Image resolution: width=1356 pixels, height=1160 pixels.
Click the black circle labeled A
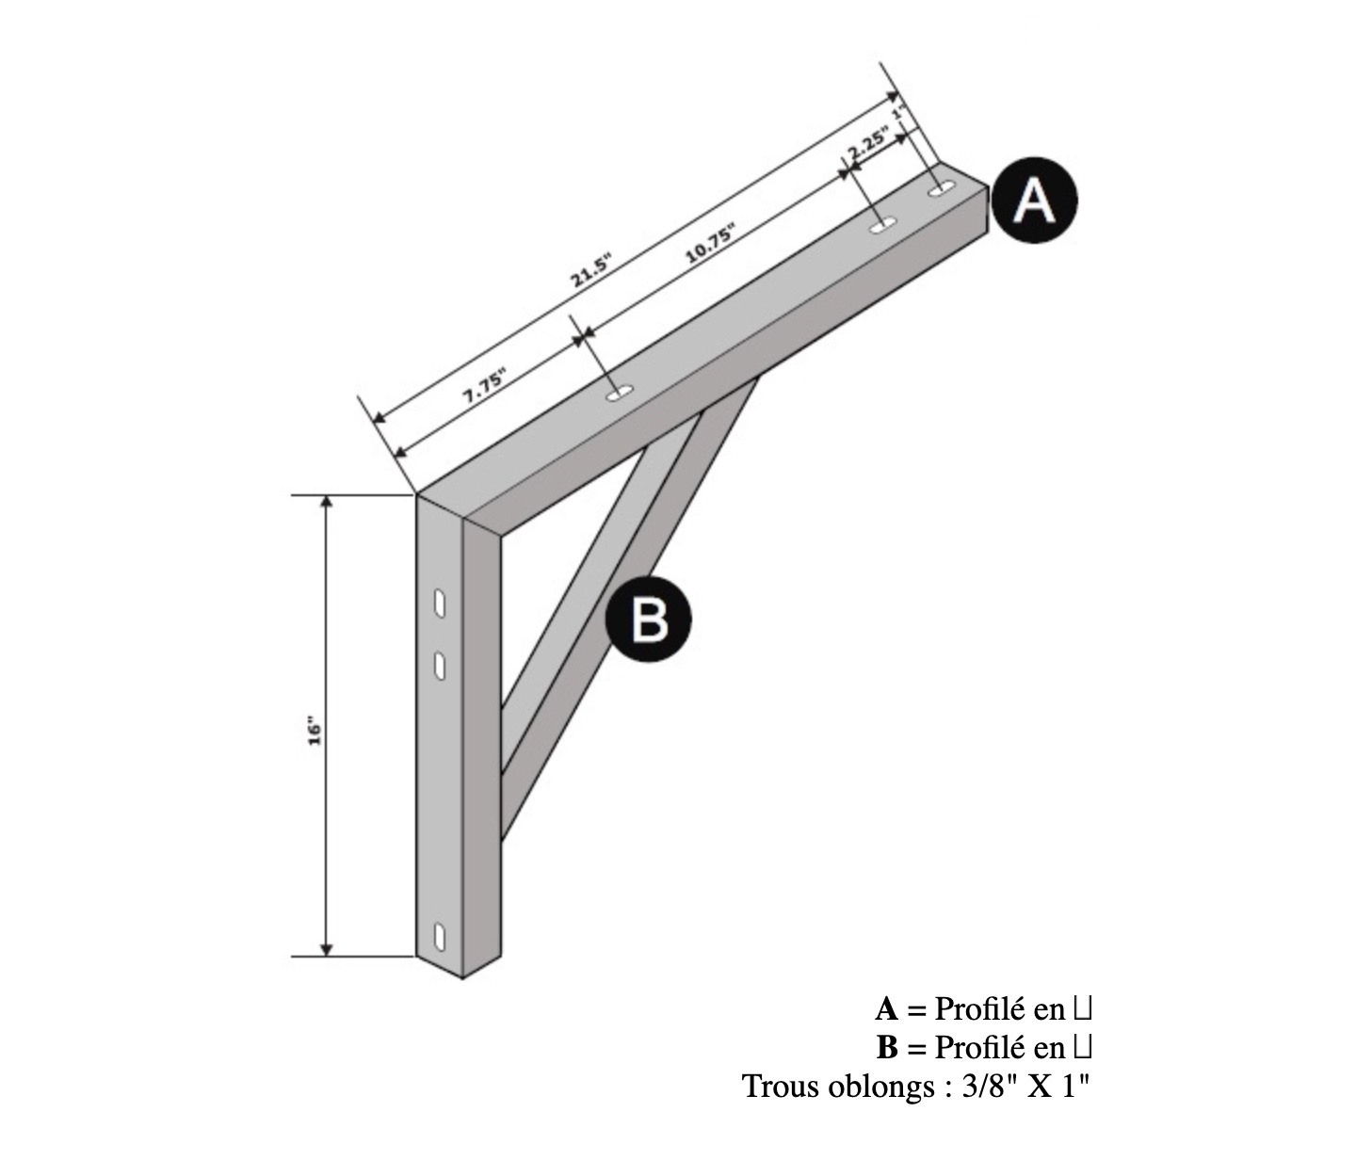(x=1035, y=201)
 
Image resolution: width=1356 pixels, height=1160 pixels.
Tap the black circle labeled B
(x=648, y=619)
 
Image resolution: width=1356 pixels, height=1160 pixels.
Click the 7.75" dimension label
(x=486, y=387)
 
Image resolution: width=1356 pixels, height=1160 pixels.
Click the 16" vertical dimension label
(x=315, y=733)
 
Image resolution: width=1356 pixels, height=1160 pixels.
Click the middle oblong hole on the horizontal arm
(x=882, y=226)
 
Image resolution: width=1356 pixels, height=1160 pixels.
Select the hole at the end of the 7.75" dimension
(x=621, y=393)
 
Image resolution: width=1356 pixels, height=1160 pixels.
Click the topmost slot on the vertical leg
(x=440, y=604)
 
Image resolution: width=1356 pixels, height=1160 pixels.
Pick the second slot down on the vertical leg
(x=440, y=667)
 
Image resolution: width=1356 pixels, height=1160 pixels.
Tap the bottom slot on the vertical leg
(x=440, y=938)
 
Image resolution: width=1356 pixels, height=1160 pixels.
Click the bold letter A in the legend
(x=886, y=1009)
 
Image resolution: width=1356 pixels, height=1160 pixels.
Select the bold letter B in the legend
(x=887, y=1048)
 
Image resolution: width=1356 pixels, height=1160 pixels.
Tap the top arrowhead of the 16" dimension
(x=326, y=503)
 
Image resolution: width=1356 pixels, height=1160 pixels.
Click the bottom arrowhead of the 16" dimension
(x=326, y=949)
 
